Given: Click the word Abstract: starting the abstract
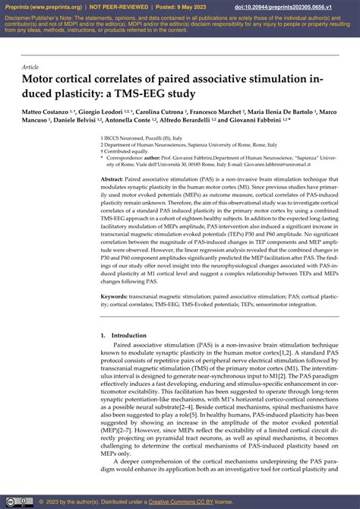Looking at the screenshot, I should point(116,178).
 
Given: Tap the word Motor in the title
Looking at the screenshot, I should point(40,79).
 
